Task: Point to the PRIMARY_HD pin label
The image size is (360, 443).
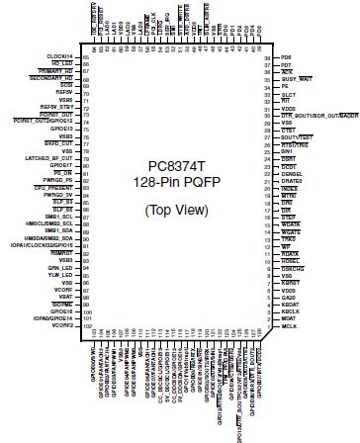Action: point(57,72)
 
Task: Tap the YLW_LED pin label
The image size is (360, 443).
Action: point(62,276)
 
